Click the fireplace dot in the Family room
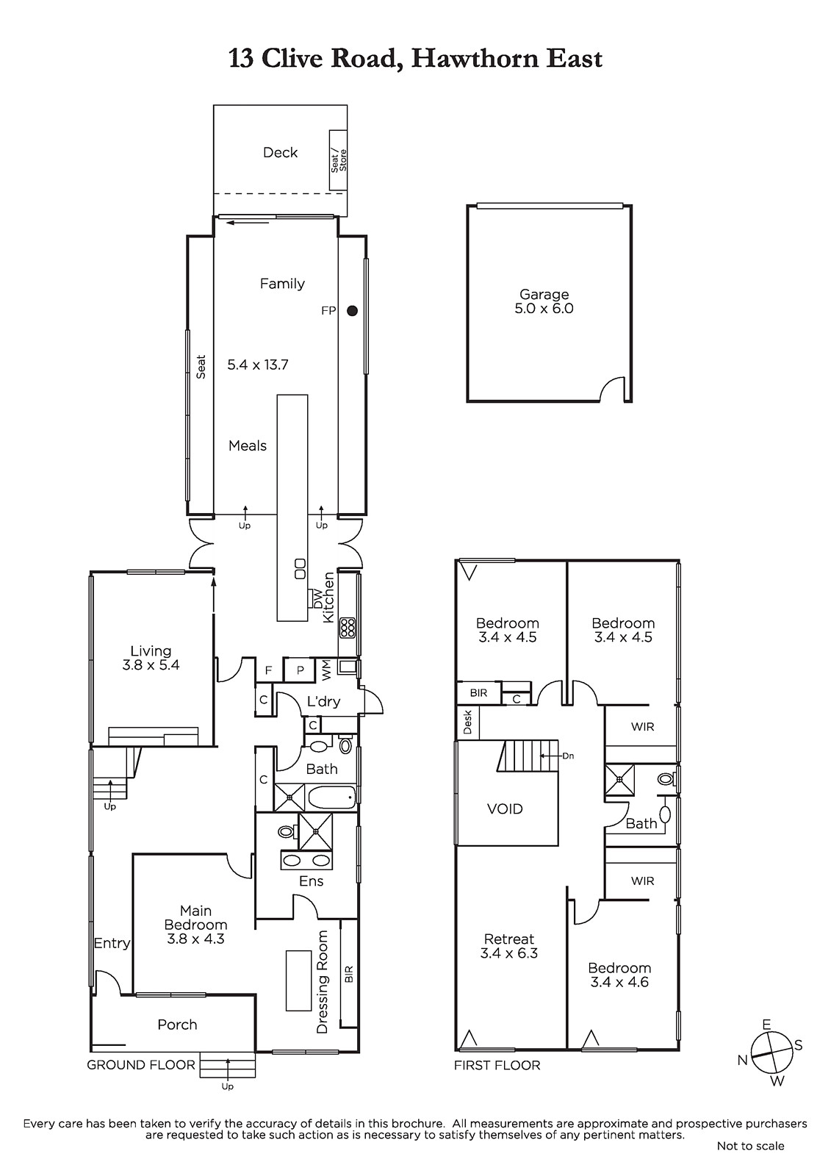(x=352, y=311)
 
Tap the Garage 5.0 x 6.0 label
(x=544, y=301)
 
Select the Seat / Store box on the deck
(x=338, y=161)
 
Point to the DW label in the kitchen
(x=317, y=598)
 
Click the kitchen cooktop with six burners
(x=348, y=628)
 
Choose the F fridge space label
(x=268, y=670)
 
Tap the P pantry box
(x=300, y=670)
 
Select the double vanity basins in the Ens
(x=306, y=861)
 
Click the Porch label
(x=177, y=1025)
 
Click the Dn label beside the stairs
(x=568, y=756)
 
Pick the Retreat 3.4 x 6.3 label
(x=508, y=945)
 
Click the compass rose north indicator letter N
(x=742, y=1061)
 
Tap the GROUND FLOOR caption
(x=140, y=1065)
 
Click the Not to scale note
(x=751, y=1146)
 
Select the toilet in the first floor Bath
(x=667, y=778)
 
